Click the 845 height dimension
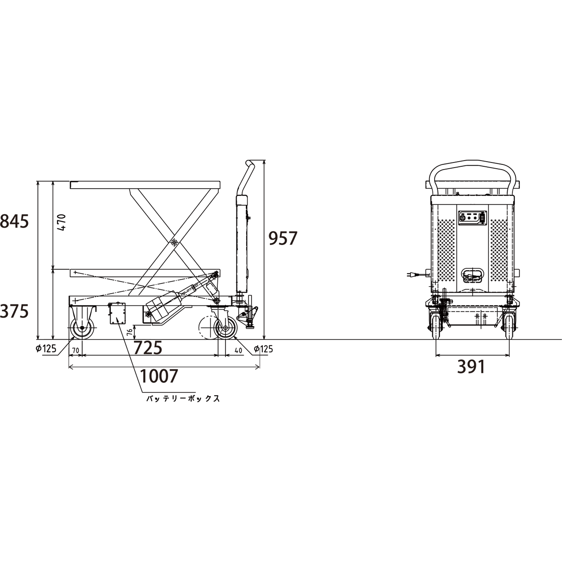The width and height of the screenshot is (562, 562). (x=15, y=222)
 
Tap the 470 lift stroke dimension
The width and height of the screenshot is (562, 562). (x=62, y=222)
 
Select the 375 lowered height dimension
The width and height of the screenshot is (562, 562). (x=15, y=311)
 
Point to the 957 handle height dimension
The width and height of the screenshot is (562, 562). (x=282, y=238)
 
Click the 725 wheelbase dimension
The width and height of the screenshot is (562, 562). (x=148, y=348)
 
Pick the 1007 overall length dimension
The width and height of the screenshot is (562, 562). (x=159, y=376)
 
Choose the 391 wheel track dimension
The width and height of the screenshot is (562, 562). (x=471, y=367)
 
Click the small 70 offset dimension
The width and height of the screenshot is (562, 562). (x=75, y=351)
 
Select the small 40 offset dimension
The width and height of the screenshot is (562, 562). (x=238, y=351)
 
